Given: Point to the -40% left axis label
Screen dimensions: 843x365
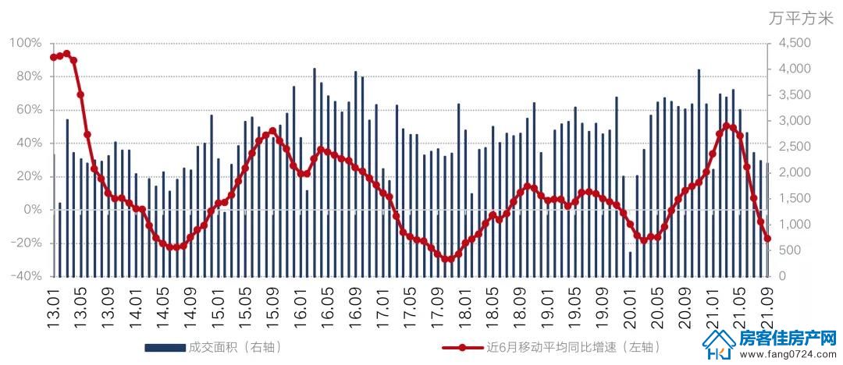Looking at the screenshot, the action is click(x=25, y=276).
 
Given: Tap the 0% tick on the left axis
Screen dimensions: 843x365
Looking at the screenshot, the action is click(x=30, y=210).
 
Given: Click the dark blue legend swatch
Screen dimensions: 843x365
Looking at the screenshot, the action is click(x=165, y=348).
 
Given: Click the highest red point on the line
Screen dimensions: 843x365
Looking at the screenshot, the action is click(x=66, y=54).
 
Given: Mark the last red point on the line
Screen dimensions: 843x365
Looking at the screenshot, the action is click(x=768, y=239).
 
